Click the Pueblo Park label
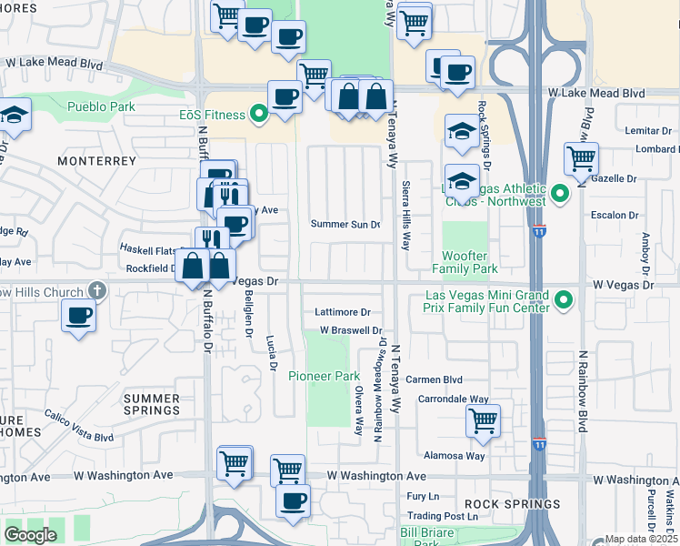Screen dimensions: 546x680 tap(101, 106)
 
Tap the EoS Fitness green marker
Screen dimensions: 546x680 tap(259, 115)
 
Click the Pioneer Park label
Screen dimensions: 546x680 tap(325, 376)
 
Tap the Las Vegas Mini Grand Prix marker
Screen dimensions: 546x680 tap(565, 298)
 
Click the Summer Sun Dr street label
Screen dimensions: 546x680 tap(345, 224)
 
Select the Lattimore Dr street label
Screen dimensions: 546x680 tap(343, 312)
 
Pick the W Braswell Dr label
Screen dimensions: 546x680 tap(349, 331)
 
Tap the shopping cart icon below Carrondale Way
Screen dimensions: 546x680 tap(483, 420)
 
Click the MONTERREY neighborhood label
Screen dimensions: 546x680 tap(96, 160)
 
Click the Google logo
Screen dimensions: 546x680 tap(29, 535)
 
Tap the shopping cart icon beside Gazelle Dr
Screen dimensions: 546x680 tap(581, 158)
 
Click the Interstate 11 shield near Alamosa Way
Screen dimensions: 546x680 tap(540, 445)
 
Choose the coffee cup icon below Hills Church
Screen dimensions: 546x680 tap(79, 316)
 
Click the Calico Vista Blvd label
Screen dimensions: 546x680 tap(79, 431)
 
